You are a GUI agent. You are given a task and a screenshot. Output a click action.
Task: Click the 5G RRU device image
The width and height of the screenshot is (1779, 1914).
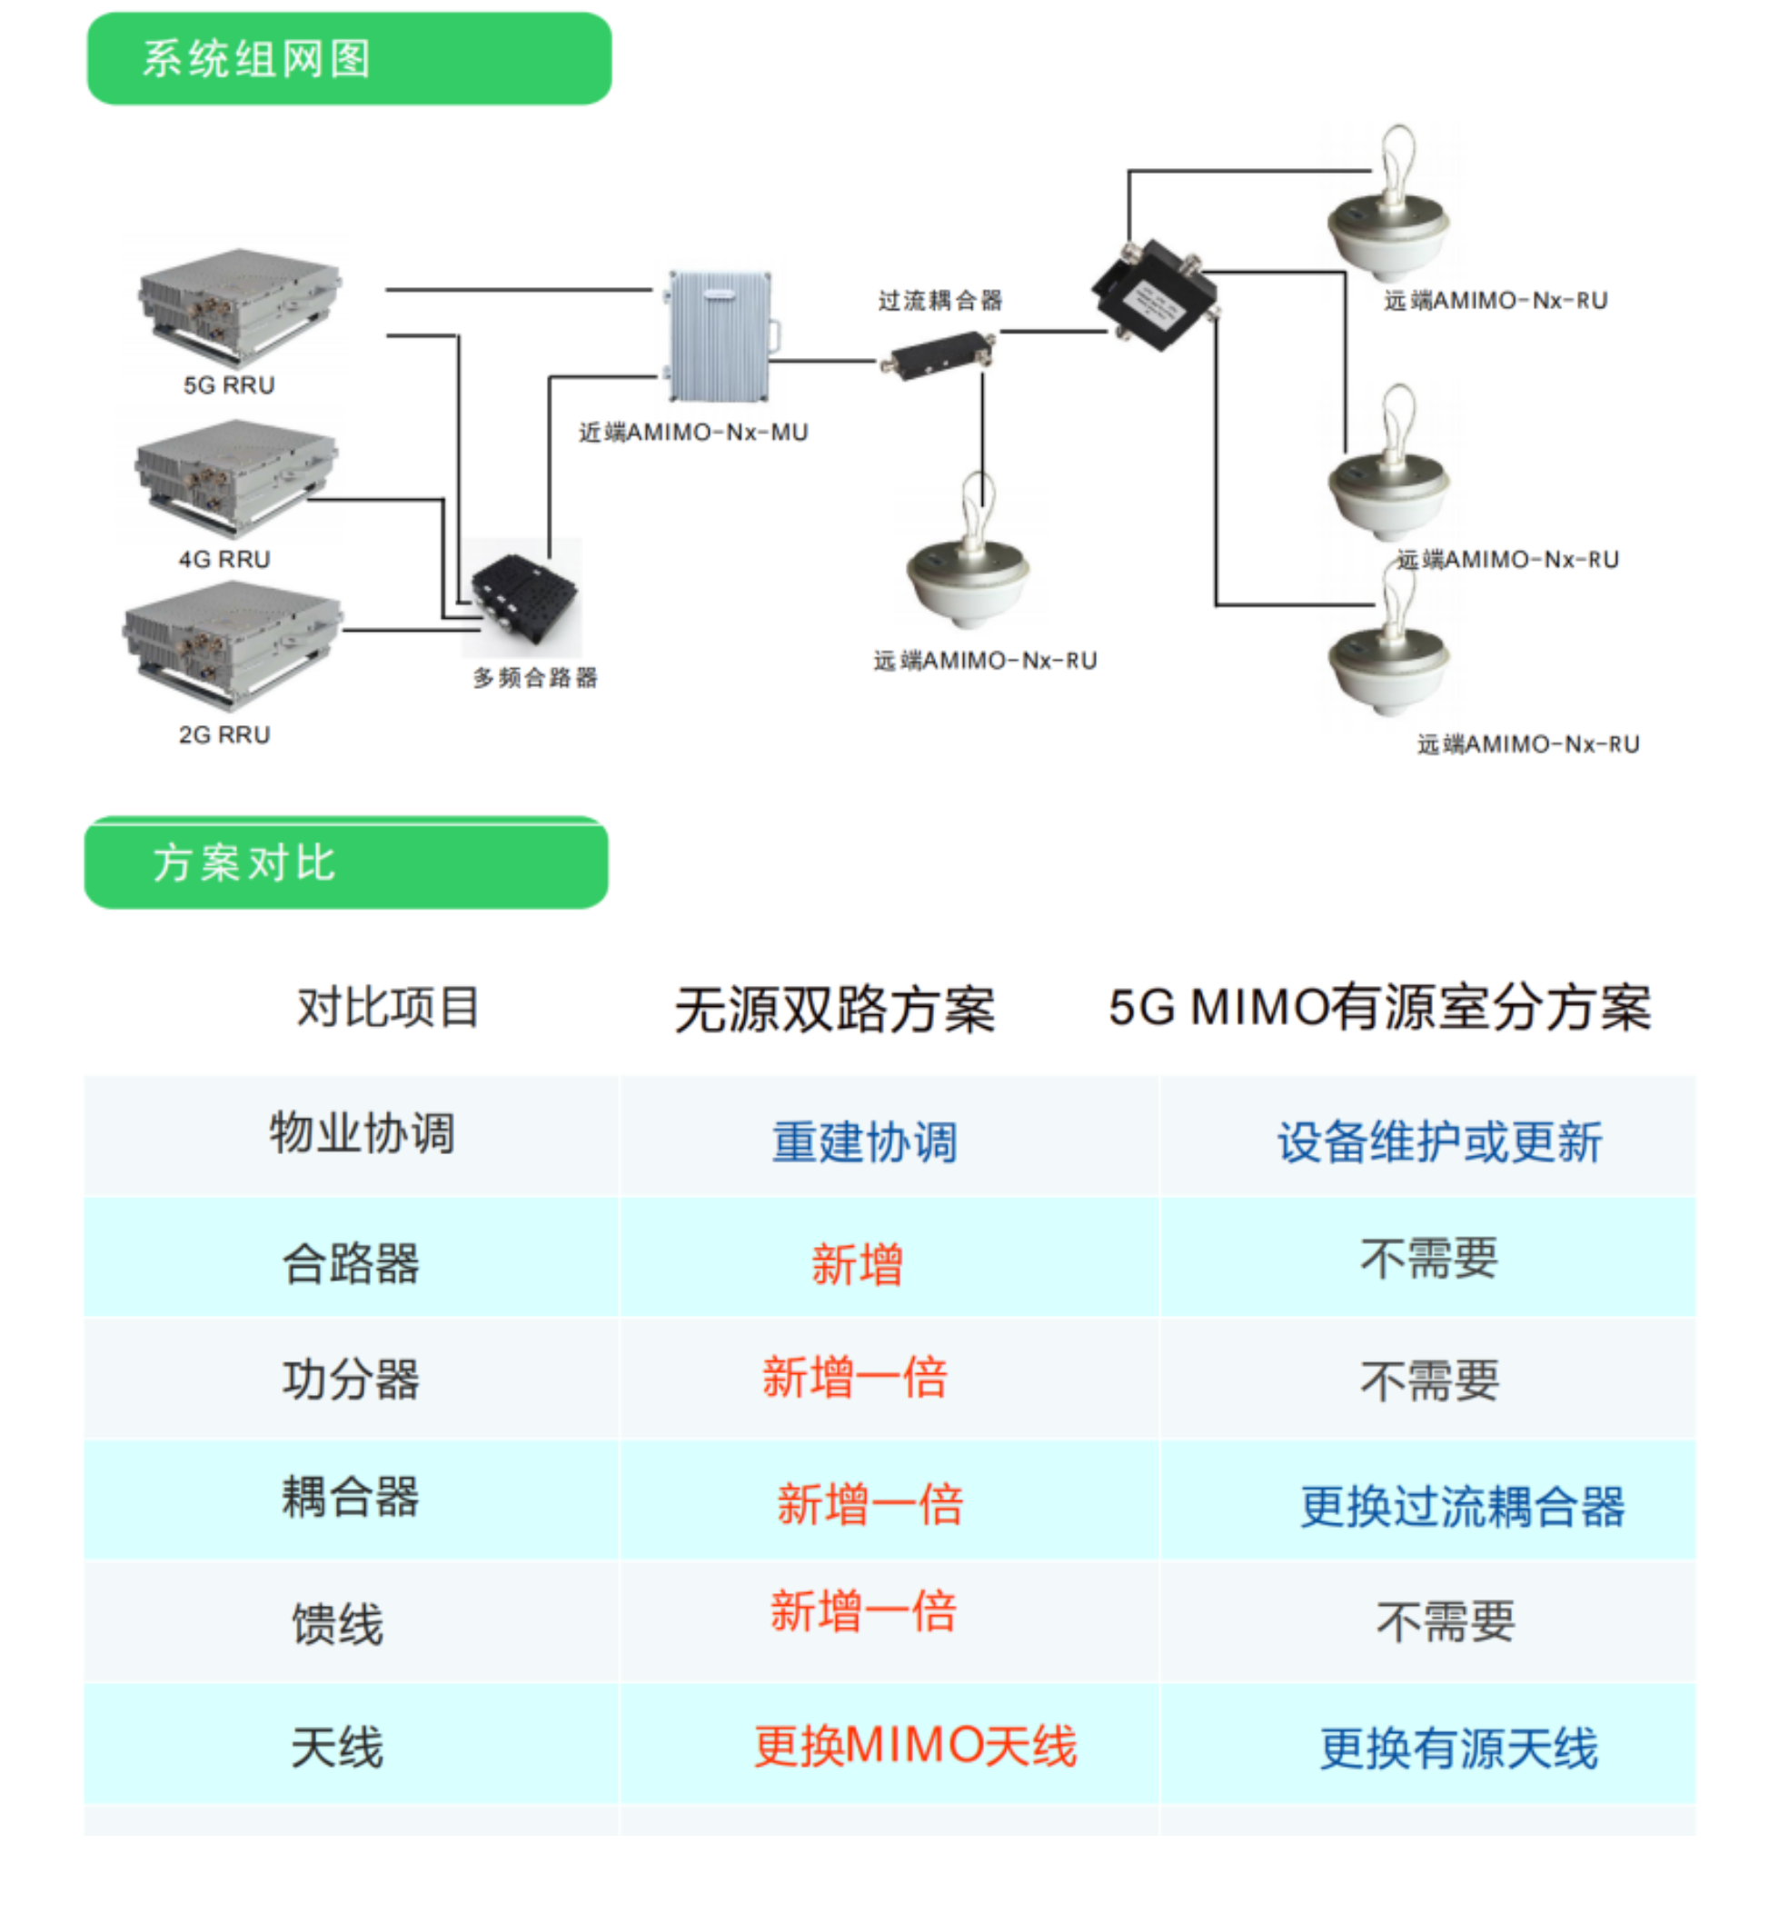tap(238, 303)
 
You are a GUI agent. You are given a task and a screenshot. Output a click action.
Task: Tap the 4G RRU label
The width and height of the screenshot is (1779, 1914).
tap(224, 559)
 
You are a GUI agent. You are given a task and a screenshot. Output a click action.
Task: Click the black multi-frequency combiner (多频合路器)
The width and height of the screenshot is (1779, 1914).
tap(524, 601)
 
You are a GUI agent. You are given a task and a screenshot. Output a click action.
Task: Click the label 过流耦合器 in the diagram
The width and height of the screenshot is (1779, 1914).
tap(939, 302)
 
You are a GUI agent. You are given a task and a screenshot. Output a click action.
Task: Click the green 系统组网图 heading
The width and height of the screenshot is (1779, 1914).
tap(349, 59)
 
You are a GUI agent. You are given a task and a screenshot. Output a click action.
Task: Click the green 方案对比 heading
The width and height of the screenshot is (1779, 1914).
tap(346, 862)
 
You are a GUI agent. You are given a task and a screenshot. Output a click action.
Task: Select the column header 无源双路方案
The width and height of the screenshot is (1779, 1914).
tap(835, 1010)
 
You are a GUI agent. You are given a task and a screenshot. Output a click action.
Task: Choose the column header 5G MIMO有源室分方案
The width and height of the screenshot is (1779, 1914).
tap(1379, 1008)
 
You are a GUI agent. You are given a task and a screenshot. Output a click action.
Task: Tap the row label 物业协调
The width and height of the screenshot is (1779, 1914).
tap(362, 1133)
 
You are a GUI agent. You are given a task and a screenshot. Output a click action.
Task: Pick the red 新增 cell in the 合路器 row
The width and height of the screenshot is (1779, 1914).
tap(857, 1264)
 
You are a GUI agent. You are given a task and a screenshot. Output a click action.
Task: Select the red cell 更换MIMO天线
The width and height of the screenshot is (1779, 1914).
tap(915, 1747)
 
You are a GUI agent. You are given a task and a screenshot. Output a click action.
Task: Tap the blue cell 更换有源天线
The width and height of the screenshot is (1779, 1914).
tap(1458, 1749)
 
